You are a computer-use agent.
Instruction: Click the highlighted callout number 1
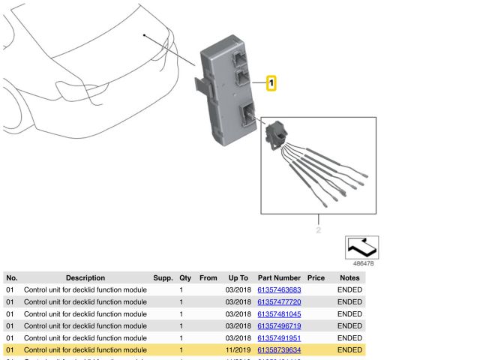coord(271,83)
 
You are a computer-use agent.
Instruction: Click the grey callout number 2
coord(318,229)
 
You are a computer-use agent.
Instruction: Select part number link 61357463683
coord(279,289)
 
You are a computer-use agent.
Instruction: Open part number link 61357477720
coord(279,301)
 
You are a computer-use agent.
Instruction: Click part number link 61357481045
coord(279,313)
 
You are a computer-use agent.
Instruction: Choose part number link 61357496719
coord(279,325)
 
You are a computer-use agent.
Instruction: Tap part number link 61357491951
coord(279,337)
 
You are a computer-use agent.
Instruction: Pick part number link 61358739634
coord(279,349)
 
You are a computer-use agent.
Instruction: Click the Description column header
coord(85,277)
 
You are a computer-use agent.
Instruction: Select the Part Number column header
coord(279,277)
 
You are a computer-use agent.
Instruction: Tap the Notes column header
coord(349,277)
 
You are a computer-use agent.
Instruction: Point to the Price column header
coord(316,277)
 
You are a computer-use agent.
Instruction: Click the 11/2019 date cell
coord(237,349)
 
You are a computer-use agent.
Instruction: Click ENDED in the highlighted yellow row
coord(349,349)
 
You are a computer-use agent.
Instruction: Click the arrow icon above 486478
coord(361,247)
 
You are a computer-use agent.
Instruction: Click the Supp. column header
coord(163,277)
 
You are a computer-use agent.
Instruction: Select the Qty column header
coord(184,277)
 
